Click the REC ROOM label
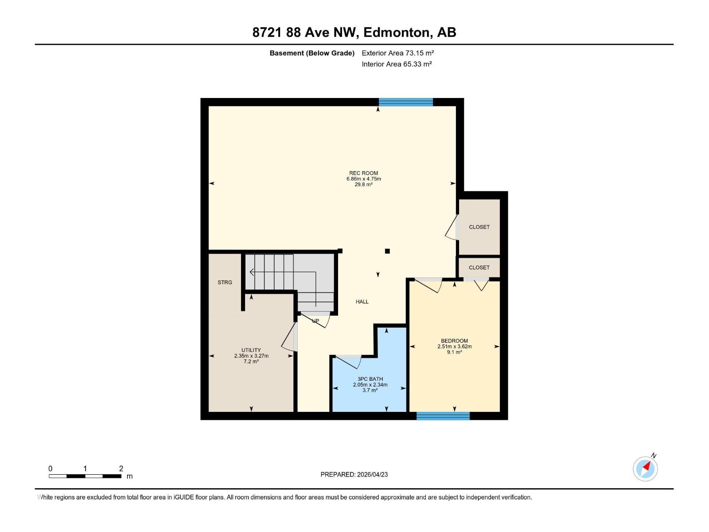click(363, 173)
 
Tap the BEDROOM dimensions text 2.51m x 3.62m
click(454, 347)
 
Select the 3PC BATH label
click(370, 379)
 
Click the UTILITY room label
click(251, 350)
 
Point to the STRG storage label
click(225, 282)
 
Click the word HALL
click(362, 302)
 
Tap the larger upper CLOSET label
click(479, 227)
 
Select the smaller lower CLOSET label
click(479, 268)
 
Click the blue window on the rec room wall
click(405, 102)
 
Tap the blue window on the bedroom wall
click(443, 416)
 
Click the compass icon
click(645, 469)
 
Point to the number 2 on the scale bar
click(121, 469)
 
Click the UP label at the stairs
click(316, 321)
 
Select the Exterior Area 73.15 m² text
click(397, 53)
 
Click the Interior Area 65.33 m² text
click(397, 64)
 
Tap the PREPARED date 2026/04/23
click(354, 474)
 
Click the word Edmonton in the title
click(397, 32)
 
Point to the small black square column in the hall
click(387, 251)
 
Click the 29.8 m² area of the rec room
click(363, 184)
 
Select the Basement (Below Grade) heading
click(312, 53)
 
